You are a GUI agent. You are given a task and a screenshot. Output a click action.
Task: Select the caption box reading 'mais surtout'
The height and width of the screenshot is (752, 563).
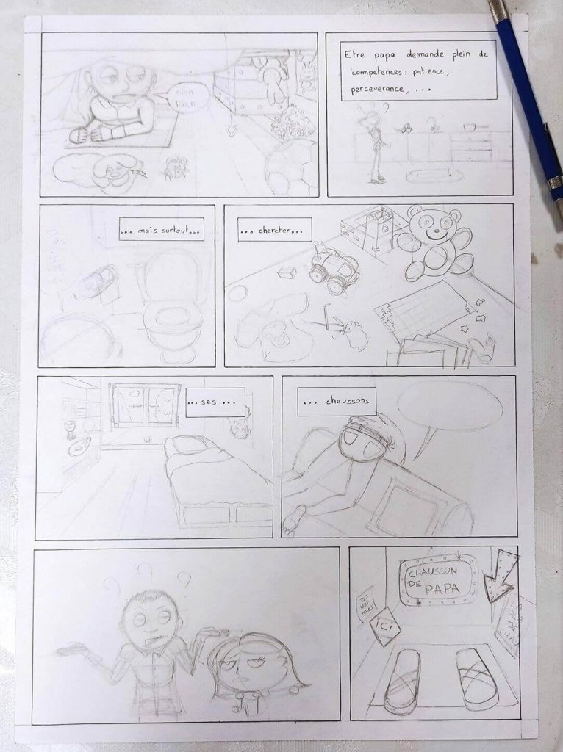click(x=161, y=233)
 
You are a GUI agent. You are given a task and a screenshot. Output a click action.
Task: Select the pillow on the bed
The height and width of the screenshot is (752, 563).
click(x=189, y=446)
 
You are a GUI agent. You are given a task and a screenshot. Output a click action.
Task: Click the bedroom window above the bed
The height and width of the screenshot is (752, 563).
click(x=145, y=405)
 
